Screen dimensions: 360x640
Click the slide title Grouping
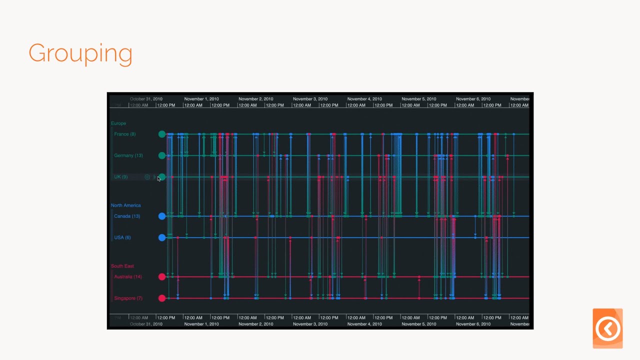(x=80, y=53)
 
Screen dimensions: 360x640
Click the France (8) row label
(x=124, y=134)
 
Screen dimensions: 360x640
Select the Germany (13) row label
(x=128, y=155)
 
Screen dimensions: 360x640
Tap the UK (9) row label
(x=120, y=177)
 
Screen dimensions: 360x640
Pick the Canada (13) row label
(x=126, y=216)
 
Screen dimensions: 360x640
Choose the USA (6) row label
(x=122, y=237)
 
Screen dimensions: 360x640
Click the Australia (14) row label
(x=127, y=277)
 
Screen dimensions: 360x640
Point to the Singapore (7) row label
(x=128, y=298)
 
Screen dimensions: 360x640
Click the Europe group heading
(x=118, y=123)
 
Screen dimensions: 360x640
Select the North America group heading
(x=125, y=205)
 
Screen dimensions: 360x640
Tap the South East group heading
(x=122, y=266)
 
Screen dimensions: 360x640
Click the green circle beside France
(x=162, y=134)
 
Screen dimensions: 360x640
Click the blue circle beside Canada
(x=162, y=216)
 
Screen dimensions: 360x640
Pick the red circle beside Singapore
(x=162, y=298)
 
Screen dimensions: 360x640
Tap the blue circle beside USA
(x=162, y=237)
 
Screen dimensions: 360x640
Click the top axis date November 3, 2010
(x=310, y=99)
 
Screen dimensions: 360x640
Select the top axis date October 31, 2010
(x=146, y=99)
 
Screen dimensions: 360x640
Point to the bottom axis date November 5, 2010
(x=418, y=324)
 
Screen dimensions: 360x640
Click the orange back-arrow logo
(x=607, y=328)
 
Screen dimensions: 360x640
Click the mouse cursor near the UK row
(x=158, y=178)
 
